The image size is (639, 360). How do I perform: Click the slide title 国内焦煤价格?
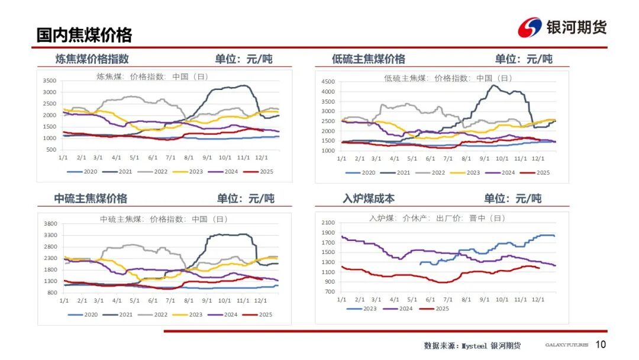click(x=84, y=35)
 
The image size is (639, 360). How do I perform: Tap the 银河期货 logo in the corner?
click(x=562, y=27)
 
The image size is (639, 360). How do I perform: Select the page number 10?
click(x=601, y=345)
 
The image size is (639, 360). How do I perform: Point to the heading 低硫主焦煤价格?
click(x=368, y=59)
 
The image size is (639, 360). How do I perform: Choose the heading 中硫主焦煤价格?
click(x=91, y=198)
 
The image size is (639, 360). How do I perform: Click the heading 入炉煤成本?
click(x=368, y=198)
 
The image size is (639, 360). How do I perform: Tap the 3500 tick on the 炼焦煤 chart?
click(x=50, y=81)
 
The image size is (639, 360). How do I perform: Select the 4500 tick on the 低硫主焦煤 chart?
click(x=328, y=81)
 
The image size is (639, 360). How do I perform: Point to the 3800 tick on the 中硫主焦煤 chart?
click(x=50, y=224)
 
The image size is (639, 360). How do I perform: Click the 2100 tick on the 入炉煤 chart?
click(x=328, y=223)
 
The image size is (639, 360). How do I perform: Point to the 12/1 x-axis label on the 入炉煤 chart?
click(x=538, y=300)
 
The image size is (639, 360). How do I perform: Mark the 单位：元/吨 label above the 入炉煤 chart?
click(x=512, y=198)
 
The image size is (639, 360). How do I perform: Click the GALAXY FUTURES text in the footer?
click(x=566, y=345)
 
